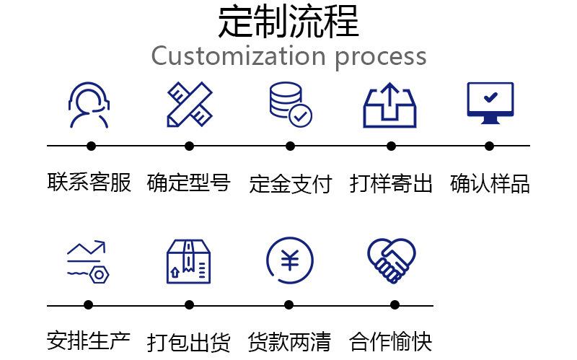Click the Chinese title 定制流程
coord(288,22)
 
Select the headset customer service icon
coord(89,105)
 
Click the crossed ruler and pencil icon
coord(189,105)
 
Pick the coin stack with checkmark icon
coord(290,105)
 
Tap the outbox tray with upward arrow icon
coord(390,105)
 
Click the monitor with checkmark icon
coord(490,104)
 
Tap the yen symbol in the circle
coord(290,260)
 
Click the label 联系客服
coord(89,183)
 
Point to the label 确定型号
coord(189,183)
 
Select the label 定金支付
coord(290,184)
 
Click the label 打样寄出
coord(391,184)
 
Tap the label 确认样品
coord(490,184)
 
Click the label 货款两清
coord(289,341)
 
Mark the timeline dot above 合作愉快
coord(394,305)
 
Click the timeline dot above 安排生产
coord(89,305)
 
